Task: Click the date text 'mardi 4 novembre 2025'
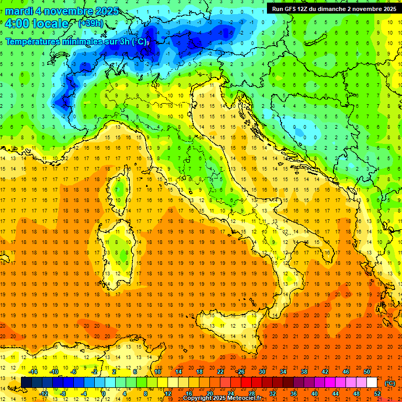(62, 12)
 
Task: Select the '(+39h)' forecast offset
(91, 24)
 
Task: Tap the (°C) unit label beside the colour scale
(390, 383)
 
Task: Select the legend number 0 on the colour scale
(104, 393)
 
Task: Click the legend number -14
(33, 372)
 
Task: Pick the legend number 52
(377, 393)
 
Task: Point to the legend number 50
(366, 372)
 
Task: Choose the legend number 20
(209, 393)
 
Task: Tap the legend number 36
(293, 393)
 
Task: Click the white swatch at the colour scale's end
(372, 382)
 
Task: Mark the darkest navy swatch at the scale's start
(26, 382)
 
